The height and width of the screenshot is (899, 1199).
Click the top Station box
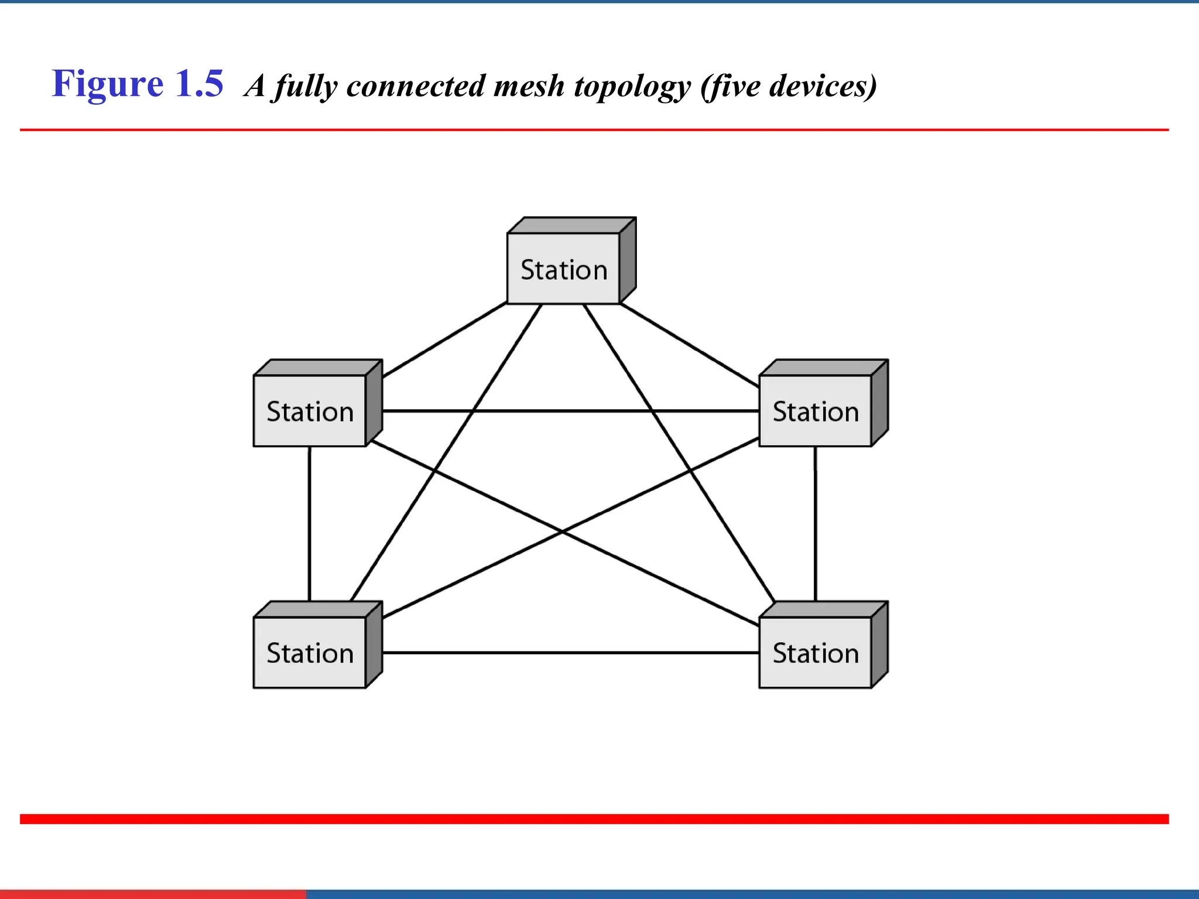(x=563, y=269)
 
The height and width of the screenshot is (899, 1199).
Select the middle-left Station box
(x=310, y=411)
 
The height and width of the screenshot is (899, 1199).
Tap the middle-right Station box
(x=816, y=411)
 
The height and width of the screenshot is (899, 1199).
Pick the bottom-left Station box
(x=310, y=653)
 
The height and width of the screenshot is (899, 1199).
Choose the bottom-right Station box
(x=816, y=653)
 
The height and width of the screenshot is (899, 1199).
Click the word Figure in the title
(x=108, y=84)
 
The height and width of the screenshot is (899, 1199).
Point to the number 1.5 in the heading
(x=199, y=84)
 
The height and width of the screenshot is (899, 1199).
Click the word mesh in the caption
(x=529, y=86)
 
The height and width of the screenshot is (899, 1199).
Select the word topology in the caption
(x=632, y=87)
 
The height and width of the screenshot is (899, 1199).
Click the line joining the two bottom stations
(x=571, y=653)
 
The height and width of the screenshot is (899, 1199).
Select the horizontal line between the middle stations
(x=571, y=411)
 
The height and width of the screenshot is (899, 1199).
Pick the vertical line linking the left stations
(x=310, y=524)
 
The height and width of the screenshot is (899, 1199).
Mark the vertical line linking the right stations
(x=816, y=524)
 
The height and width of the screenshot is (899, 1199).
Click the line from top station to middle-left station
(x=445, y=339)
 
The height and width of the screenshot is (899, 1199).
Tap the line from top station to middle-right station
(x=690, y=345)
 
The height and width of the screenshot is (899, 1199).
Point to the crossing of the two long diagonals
(x=563, y=531)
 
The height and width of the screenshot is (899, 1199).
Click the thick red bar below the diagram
(x=594, y=819)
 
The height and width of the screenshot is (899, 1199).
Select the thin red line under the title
(x=594, y=130)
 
